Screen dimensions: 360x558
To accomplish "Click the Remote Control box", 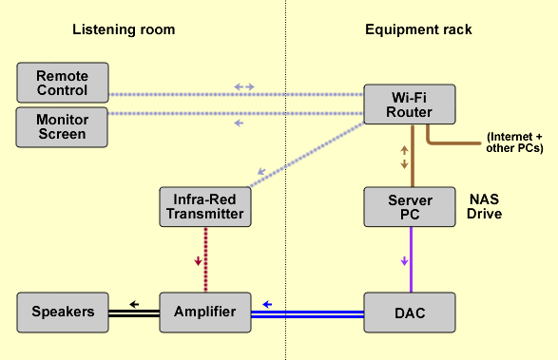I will (x=63, y=84).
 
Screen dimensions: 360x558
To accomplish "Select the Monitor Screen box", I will (x=63, y=126).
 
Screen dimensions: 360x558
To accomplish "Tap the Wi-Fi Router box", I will (x=410, y=104).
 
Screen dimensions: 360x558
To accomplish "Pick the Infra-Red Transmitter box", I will (x=204, y=206).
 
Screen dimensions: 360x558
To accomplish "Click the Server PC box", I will (x=410, y=206).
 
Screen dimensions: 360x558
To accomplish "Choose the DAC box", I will (x=410, y=312).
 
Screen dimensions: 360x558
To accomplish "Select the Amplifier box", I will (x=204, y=312).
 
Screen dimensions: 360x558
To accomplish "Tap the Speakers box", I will (x=63, y=312).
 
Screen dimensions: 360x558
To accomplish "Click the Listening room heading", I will (x=124, y=29).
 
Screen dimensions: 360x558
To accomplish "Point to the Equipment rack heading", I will (x=418, y=29).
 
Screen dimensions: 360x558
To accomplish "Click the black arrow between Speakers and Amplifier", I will (x=135, y=304).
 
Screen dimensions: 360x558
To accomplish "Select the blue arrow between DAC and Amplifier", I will (x=268, y=304).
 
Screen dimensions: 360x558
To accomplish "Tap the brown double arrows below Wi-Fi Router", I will (x=404, y=157).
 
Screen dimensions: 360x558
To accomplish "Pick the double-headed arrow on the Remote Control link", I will (x=244, y=87).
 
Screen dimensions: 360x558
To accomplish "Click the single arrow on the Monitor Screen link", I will (x=239, y=123).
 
